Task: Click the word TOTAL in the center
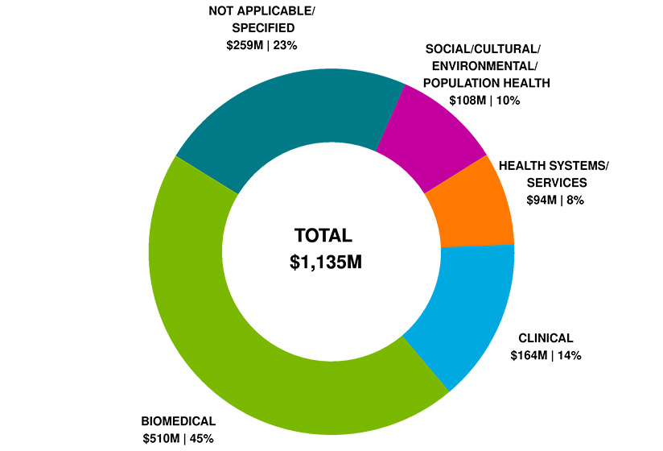pyautogui.click(x=323, y=236)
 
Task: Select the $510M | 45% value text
pyautogui.click(x=178, y=438)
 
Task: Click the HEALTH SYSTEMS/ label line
pyautogui.click(x=554, y=166)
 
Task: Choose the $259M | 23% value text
pyautogui.click(x=262, y=45)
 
